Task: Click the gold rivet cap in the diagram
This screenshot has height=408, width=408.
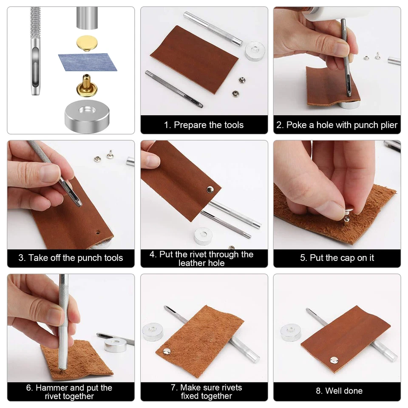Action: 85,42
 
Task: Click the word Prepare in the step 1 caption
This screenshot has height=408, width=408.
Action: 190,125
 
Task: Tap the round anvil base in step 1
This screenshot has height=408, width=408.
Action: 254,51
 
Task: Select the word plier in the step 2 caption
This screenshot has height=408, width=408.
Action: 388,125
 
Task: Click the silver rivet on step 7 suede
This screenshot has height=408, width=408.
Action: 167,351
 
